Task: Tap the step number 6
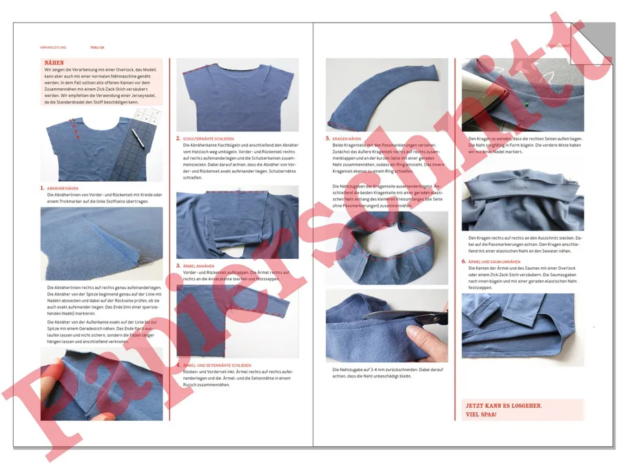463,262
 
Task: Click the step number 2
178,138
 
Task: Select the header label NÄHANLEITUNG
53,48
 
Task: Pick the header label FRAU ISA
97,48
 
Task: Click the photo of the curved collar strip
386,94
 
